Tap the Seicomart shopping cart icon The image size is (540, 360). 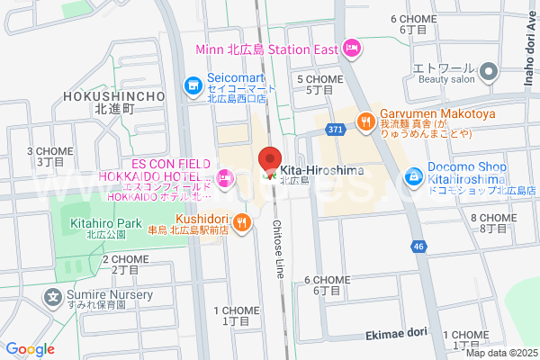pos(193,86)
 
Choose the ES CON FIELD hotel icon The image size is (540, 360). pos(224,178)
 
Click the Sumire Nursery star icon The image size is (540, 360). pos(54,295)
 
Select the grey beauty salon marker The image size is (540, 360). pos(489,70)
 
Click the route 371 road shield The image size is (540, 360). pos(336,130)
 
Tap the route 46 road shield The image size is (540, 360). pos(418,245)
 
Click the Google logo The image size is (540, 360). pos(30,348)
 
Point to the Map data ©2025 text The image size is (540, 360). pos(500,353)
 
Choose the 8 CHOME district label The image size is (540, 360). pos(493,223)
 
